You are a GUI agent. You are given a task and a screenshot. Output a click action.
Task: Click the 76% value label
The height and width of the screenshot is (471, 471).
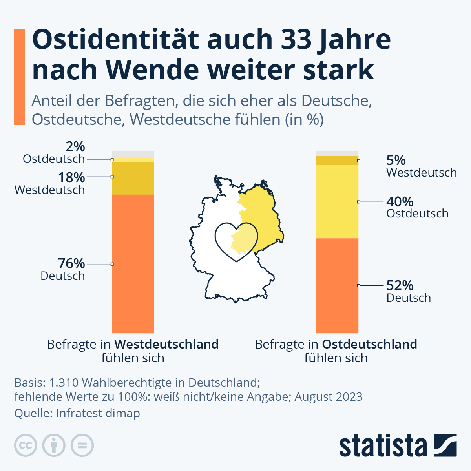pyautogui.click(x=71, y=263)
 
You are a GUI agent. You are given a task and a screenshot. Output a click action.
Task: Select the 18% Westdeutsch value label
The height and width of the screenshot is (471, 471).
pyautogui.click(x=71, y=177)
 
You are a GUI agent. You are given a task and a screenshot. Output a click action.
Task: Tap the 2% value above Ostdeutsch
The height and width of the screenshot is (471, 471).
pyautogui.click(x=75, y=146)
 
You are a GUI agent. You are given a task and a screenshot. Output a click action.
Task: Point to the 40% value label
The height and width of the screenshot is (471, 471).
pyautogui.click(x=400, y=202)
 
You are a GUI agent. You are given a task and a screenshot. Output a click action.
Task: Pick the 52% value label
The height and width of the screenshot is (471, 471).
pyautogui.click(x=400, y=285)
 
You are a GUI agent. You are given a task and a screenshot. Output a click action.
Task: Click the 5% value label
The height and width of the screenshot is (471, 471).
pyautogui.click(x=396, y=160)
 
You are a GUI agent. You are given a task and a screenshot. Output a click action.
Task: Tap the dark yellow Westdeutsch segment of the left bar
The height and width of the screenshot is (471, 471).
pyautogui.click(x=133, y=178)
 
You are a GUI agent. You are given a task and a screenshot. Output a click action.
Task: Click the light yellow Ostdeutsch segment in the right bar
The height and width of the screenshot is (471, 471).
pyautogui.click(x=337, y=202)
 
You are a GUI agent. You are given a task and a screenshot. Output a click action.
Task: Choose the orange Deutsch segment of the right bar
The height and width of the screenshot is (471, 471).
pyautogui.click(x=337, y=285)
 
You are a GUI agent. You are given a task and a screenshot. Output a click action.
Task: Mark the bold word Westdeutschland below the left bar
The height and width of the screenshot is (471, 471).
pyautogui.click(x=166, y=344)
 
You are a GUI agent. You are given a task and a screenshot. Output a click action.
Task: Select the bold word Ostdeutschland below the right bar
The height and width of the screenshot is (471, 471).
pyautogui.click(x=369, y=344)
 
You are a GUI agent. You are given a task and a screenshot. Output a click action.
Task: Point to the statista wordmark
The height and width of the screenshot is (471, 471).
pyautogui.click(x=383, y=446)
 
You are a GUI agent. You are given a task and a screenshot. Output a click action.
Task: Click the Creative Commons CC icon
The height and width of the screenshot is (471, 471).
pyautogui.click(x=26, y=445)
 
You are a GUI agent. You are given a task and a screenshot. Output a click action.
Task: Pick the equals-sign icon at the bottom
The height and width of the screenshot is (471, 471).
pyautogui.click(x=82, y=445)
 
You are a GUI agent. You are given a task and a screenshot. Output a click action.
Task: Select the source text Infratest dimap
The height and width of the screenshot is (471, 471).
pyautogui.click(x=98, y=413)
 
